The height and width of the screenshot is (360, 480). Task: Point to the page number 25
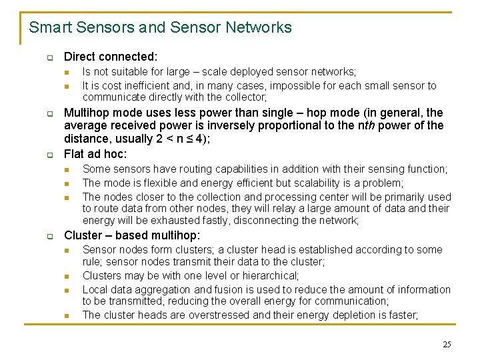tap(447, 344)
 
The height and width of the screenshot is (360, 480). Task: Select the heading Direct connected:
tap(111, 57)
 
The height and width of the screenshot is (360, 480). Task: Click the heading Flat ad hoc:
tap(95, 154)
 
